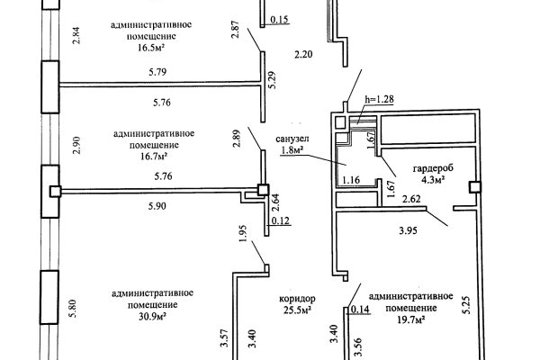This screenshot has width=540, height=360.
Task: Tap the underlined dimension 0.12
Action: [x=280, y=220]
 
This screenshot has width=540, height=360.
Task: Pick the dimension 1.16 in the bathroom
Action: [x=352, y=181]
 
